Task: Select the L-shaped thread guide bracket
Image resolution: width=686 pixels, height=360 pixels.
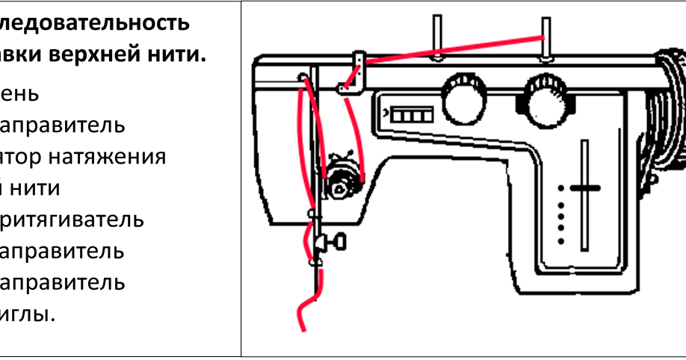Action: pyautogui.click(x=351, y=75)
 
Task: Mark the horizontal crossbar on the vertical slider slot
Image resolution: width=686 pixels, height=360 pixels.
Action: pyautogui.click(x=585, y=187)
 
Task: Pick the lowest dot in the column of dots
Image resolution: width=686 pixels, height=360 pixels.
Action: pyautogui.click(x=560, y=240)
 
